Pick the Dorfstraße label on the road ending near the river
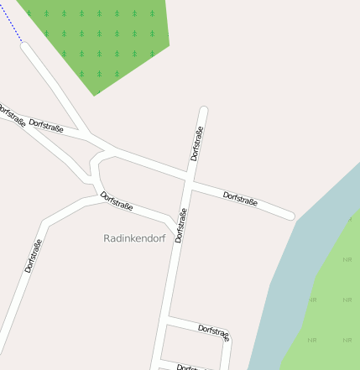tap(240, 199)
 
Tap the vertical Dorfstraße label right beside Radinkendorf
tap(180, 225)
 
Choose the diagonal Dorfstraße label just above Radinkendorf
tap(117, 203)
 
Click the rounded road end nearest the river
tap(290, 216)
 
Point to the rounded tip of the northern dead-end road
tap(203, 110)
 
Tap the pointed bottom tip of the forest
tap(94, 94)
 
